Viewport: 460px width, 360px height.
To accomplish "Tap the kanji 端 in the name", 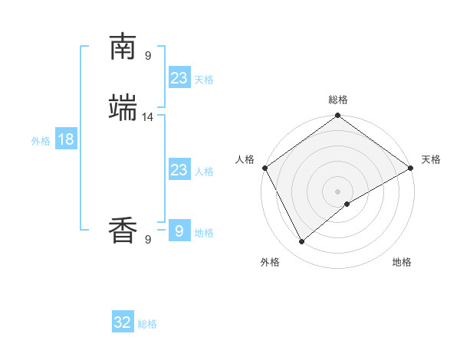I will coord(123,108).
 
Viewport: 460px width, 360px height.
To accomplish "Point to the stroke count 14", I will coord(148,117).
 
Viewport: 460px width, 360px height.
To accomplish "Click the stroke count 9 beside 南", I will coord(148,55).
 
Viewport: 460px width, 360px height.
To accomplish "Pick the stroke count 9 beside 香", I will coord(148,239).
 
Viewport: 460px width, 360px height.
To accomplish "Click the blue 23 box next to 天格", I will coord(179,78).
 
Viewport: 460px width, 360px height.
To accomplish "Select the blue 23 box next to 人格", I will coord(179,170).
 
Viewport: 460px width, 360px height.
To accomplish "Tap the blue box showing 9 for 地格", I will coord(179,231).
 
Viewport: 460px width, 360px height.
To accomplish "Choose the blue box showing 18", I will coord(65,139).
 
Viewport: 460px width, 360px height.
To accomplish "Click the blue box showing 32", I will coord(123,322).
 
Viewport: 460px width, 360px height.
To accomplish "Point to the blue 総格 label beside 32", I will coord(147,324).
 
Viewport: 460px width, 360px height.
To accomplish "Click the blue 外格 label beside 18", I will coord(41,141).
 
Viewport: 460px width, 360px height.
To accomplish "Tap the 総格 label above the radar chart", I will coord(338,100).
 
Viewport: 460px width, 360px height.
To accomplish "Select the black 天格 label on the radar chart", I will coord(431,159).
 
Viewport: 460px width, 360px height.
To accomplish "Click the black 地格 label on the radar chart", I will coord(402,262).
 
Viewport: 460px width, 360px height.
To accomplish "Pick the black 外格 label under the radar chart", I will coord(270,262).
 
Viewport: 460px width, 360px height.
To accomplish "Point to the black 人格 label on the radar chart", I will coord(245,159).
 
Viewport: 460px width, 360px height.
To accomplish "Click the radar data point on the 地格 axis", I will coord(347,204).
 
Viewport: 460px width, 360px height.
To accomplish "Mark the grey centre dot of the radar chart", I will coord(338,191).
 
